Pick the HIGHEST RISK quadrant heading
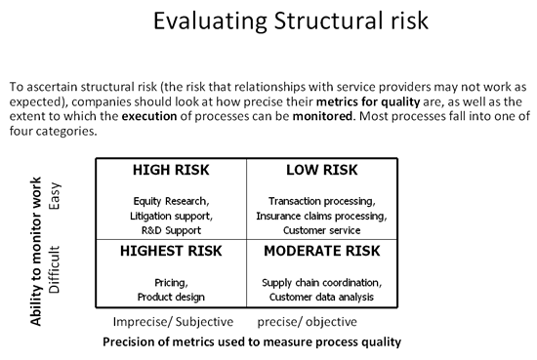coord(171,251)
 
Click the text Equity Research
coord(171,201)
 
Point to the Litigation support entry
coord(171,215)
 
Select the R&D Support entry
coord(171,229)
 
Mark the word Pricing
coord(171,283)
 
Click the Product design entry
coord(171,297)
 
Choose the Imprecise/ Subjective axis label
coord(165,322)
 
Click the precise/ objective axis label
coord(307,322)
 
